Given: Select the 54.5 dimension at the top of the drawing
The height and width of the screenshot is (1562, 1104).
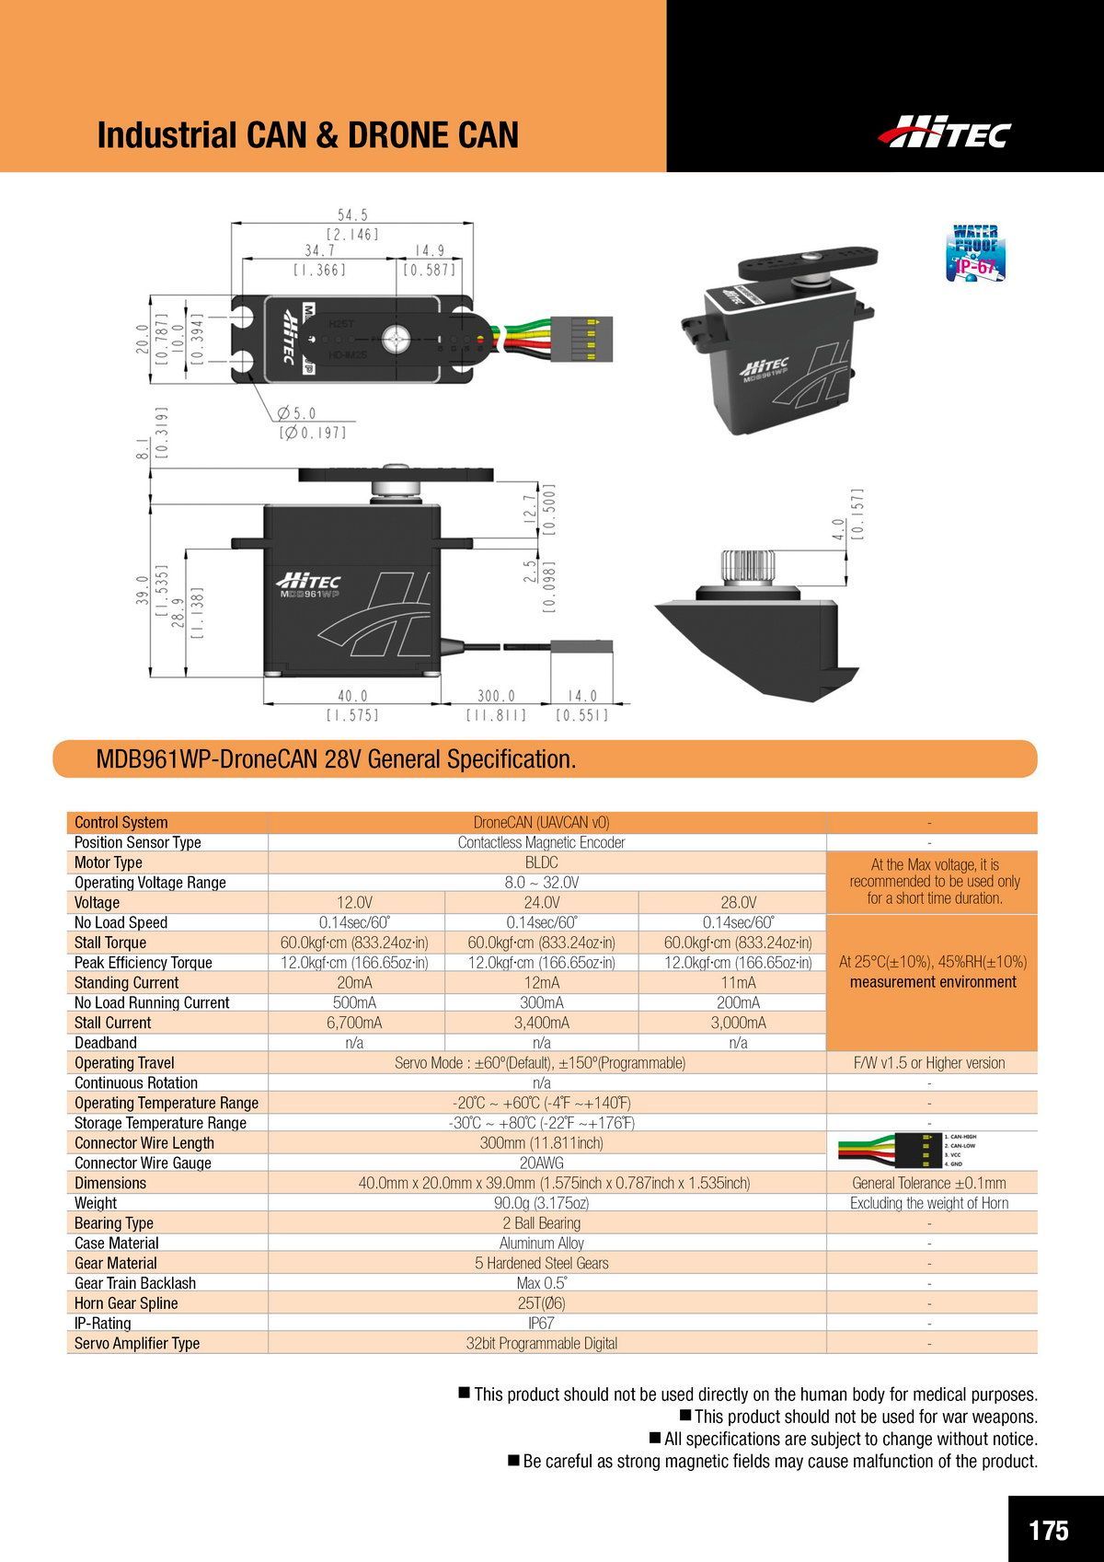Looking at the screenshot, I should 351,215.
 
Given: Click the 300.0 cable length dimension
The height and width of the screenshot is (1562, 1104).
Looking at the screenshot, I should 496,697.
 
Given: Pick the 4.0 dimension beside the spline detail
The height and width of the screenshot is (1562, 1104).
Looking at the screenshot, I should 838,531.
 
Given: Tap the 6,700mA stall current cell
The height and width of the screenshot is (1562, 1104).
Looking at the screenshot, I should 354,1023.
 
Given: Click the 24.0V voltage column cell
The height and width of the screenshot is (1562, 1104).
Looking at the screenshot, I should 541,902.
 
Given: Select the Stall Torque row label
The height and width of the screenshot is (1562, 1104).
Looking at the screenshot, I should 110,943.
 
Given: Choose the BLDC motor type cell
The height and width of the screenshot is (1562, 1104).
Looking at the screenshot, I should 541,862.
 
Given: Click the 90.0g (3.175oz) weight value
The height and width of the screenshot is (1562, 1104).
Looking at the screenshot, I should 541,1203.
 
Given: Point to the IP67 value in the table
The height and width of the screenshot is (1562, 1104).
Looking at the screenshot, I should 541,1323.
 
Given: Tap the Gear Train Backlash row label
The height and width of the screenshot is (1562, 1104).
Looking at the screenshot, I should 135,1283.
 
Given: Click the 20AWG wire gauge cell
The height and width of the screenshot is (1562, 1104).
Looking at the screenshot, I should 541,1163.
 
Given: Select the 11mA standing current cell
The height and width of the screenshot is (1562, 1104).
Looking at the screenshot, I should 738,982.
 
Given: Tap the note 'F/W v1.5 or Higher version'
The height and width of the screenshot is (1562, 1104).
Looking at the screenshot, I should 929,1063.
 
